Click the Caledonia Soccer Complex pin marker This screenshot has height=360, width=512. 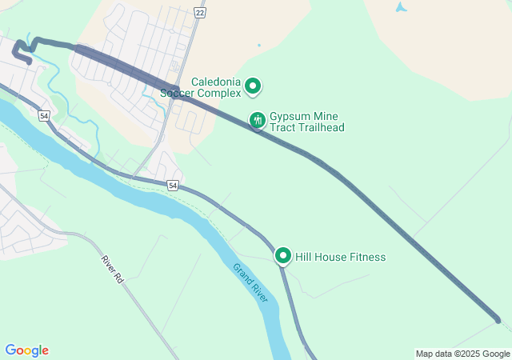tap(253, 85)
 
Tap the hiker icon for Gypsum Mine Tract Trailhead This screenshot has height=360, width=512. tap(257, 120)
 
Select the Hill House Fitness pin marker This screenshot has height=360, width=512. tap(282, 256)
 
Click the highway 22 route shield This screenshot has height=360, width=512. tap(199, 13)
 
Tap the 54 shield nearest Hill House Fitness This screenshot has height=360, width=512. tap(173, 186)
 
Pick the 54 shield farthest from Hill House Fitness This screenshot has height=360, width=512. tap(44, 116)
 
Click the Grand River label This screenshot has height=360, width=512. tap(250, 282)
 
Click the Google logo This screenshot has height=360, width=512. tap(26, 350)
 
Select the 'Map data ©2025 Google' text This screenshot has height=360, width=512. tap(462, 354)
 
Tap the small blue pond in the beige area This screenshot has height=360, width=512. tap(400, 7)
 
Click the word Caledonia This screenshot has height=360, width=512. tap(216, 82)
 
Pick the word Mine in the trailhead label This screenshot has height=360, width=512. tap(323, 116)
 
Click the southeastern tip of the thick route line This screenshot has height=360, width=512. tap(498, 321)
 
